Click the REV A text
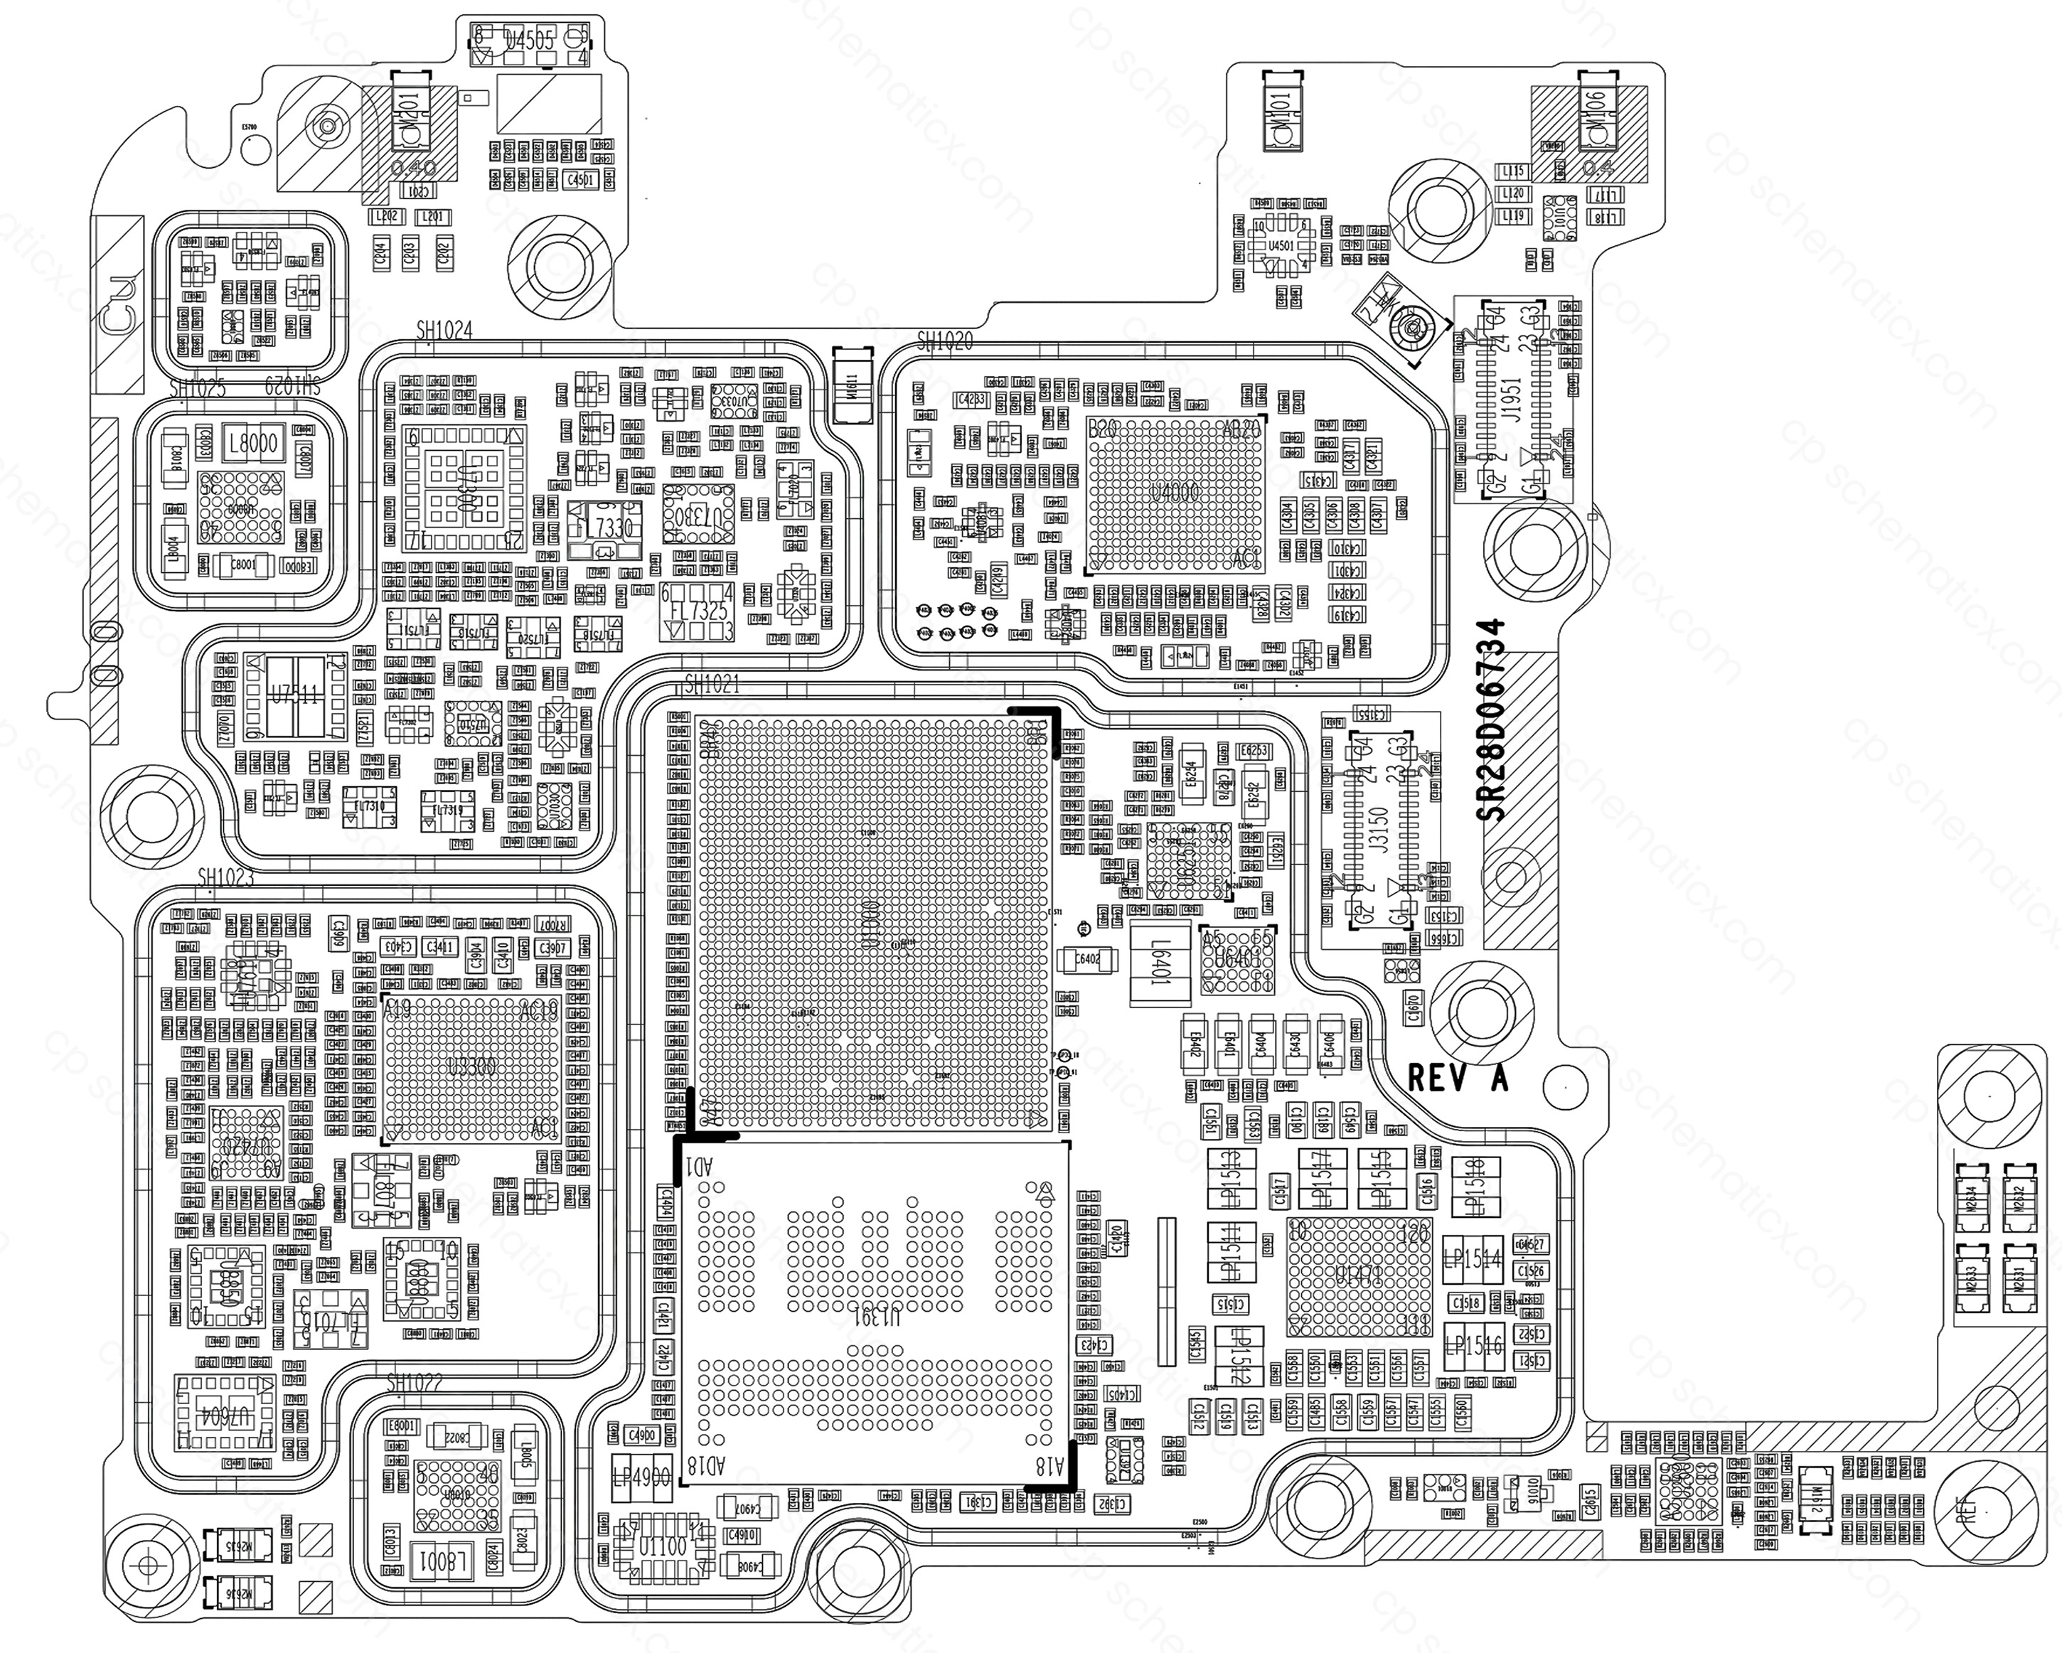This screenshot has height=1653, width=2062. pos(1458,1077)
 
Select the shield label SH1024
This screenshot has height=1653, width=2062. pos(444,330)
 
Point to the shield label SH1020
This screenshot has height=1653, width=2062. pos(944,341)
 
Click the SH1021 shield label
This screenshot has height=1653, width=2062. pos(712,685)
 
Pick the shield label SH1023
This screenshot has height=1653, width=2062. pos(225,877)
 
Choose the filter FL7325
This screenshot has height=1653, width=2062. pos(698,612)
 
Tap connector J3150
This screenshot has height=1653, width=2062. pos(1378,829)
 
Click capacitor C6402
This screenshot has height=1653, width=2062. pos(1086,959)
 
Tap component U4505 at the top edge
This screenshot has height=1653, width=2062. pos(530,40)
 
